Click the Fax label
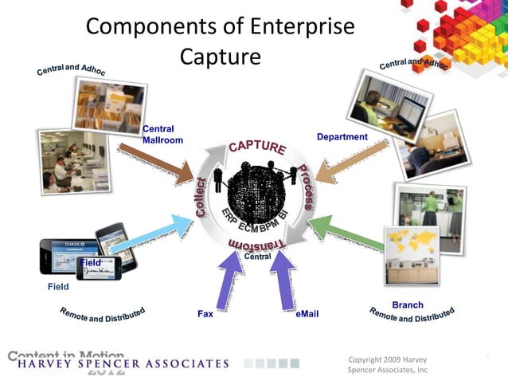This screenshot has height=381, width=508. point(205,314)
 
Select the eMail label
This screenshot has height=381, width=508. point(307,314)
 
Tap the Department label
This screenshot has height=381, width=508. point(342,137)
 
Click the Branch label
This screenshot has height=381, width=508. point(408,305)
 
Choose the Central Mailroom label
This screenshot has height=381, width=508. point(162,135)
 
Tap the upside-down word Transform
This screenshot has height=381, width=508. point(256,244)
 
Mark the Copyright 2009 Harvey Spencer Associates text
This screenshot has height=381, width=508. point(389,364)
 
